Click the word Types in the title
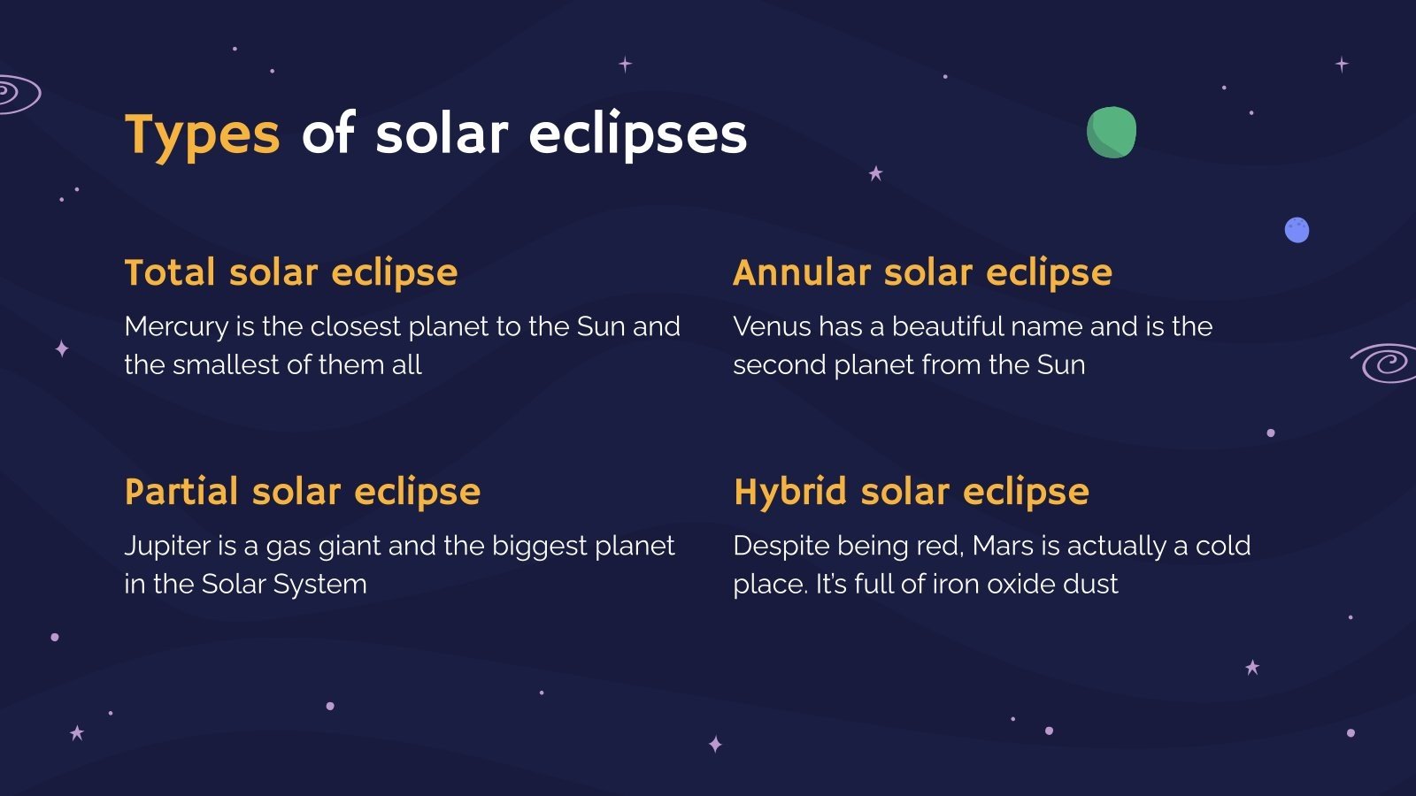pyautogui.click(x=202, y=135)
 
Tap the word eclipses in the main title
pyautogui.click(x=637, y=135)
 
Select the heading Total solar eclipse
pyautogui.click(x=290, y=272)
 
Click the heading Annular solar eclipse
pyautogui.click(x=922, y=272)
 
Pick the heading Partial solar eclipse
pyautogui.click(x=302, y=492)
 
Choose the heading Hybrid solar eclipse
pyautogui.click(x=911, y=492)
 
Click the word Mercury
pyautogui.click(x=176, y=327)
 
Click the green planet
pyautogui.click(x=1112, y=133)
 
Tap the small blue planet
pyautogui.click(x=1297, y=230)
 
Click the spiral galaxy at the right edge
pyautogui.click(x=1386, y=363)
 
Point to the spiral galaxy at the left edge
pyautogui.click(x=16, y=93)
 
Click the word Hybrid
pyautogui.click(x=790, y=492)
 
